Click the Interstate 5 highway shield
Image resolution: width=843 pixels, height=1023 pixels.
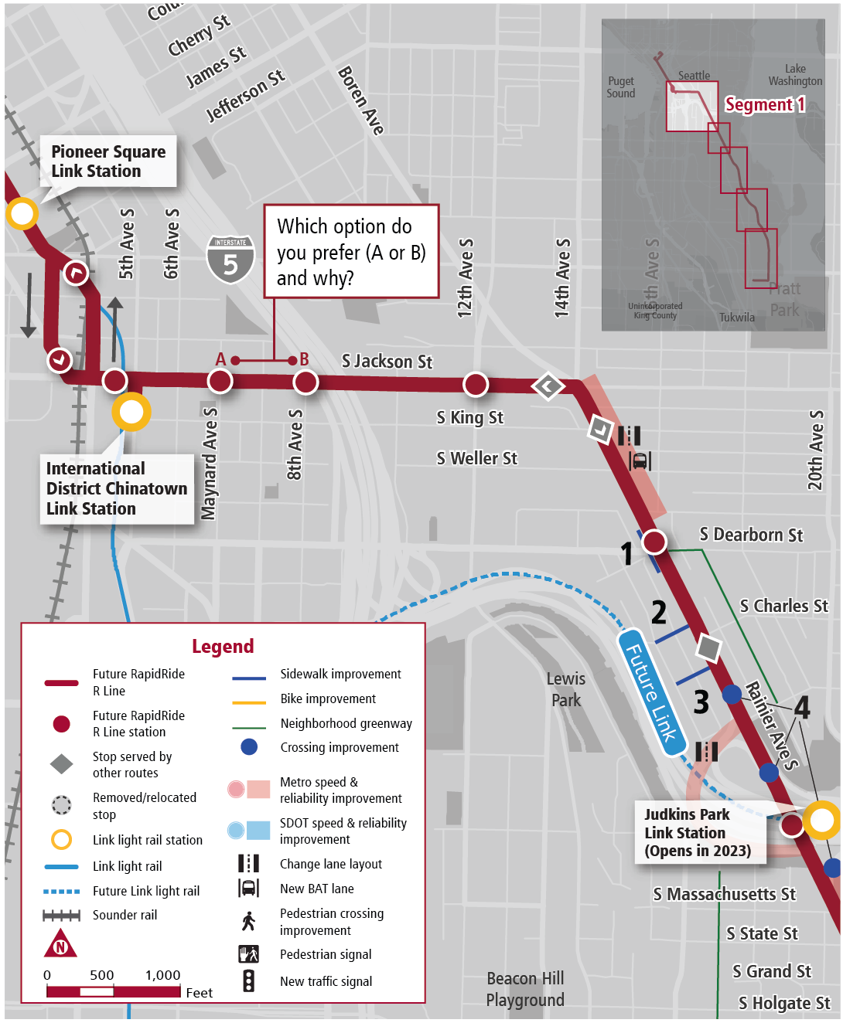[x=230, y=260]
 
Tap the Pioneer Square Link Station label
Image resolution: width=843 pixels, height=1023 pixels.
[x=108, y=161]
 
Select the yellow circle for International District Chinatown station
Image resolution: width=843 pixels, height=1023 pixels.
[x=131, y=412]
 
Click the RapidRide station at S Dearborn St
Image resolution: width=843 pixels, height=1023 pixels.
[x=654, y=542]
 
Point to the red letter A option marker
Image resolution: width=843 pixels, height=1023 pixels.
[x=221, y=359]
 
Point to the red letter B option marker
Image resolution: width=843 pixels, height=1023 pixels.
[x=304, y=359]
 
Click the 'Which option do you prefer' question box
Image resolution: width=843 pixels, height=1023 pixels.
[x=351, y=252]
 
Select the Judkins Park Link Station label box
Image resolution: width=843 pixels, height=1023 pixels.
[x=698, y=833]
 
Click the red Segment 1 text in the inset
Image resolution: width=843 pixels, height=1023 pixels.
[x=764, y=104]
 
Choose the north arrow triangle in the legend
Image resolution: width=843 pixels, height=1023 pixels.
[x=60, y=944]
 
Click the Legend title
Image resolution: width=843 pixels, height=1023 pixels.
[x=223, y=646]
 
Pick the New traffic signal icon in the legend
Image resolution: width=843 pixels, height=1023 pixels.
[x=248, y=981]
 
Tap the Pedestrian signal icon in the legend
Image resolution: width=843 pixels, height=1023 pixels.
[x=248, y=954]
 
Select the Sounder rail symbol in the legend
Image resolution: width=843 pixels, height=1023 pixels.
[x=62, y=916]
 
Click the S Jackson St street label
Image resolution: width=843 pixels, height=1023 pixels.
[x=387, y=362]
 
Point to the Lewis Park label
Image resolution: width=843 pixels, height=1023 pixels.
[x=566, y=689]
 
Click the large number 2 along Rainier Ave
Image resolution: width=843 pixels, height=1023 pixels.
[x=659, y=613]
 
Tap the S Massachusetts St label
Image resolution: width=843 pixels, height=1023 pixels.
[x=724, y=894]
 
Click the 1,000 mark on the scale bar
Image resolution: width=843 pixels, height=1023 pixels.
[x=163, y=975]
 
